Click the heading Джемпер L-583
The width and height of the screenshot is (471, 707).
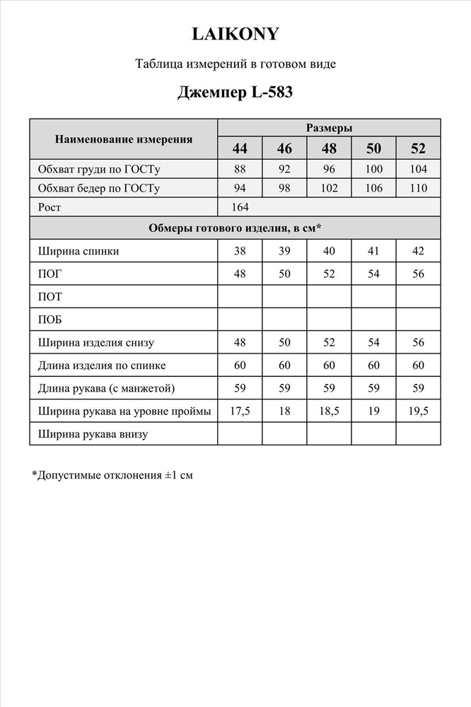(235, 92)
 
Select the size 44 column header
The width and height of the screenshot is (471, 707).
(240, 148)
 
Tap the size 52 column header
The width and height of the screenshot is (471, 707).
(419, 148)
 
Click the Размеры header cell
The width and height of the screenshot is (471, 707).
(329, 128)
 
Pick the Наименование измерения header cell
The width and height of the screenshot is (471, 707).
(124, 139)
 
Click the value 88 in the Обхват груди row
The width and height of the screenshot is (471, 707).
(240, 169)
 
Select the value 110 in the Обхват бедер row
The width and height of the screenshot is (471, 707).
(419, 188)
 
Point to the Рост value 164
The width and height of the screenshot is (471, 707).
(240, 207)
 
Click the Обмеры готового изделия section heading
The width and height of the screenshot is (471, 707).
(235, 228)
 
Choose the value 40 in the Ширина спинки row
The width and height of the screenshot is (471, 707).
(329, 251)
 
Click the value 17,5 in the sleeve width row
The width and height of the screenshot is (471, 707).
(240, 411)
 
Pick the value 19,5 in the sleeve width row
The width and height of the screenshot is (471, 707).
(419, 411)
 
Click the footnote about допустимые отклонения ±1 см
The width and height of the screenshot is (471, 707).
(112, 476)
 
